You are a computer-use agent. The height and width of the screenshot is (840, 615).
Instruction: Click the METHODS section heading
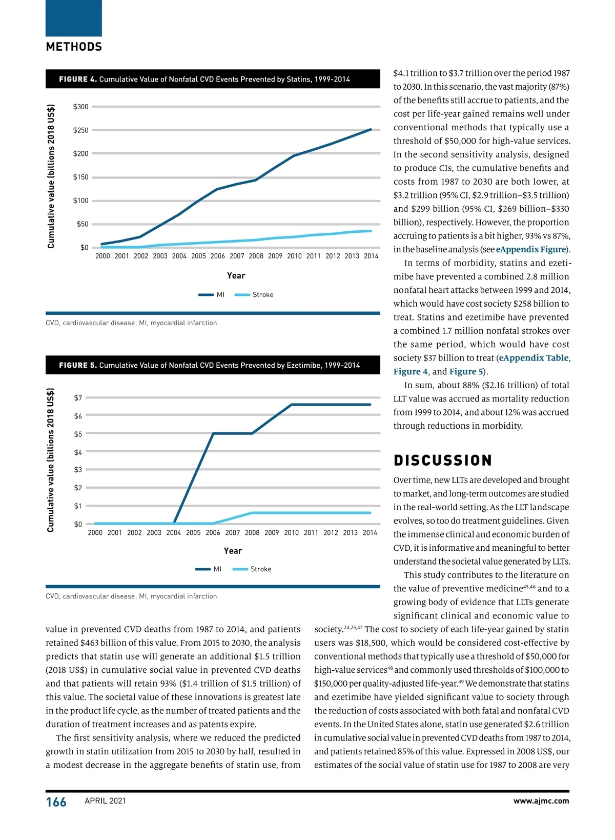pyautogui.click(x=74, y=47)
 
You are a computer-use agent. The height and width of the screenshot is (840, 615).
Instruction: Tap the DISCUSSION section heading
pyautogui.click(x=442, y=461)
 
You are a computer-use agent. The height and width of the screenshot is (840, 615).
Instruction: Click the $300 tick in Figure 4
pyautogui.click(x=80, y=107)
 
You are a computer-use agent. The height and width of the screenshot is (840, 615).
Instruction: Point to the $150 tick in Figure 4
pyautogui.click(x=80, y=177)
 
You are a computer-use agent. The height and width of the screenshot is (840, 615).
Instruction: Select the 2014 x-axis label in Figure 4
pyautogui.click(x=371, y=256)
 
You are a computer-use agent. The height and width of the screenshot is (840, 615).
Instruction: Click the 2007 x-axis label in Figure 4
pyautogui.click(x=237, y=256)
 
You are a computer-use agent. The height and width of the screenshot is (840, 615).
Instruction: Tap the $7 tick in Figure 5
pyautogui.click(x=78, y=398)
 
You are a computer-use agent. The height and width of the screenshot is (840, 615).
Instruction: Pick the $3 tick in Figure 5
pyautogui.click(x=78, y=470)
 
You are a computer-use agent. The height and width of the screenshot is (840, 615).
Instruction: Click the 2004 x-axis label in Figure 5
pyautogui.click(x=174, y=533)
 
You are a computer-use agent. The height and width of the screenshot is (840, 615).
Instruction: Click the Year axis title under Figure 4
pyautogui.click(x=236, y=276)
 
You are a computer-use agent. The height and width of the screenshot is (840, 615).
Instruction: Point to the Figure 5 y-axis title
pyautogui.click(x=51, y=460)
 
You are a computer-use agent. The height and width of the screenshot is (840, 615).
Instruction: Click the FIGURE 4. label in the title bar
pyautogui.click(x=77, y=79)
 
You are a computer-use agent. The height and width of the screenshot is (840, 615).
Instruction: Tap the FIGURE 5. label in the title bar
pyautogui.click(x=77, y=366)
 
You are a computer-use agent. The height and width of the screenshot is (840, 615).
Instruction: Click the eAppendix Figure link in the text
pyautogui.click(x=530, y=250)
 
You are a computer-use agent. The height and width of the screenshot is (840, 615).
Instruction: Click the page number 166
pyautogui.click(x=56, y=802)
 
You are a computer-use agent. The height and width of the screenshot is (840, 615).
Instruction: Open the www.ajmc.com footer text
pyautogui.click(x=541, y=801)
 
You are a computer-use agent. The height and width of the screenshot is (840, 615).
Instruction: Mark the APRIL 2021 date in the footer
pyautogui.click(x=105, y=801)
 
